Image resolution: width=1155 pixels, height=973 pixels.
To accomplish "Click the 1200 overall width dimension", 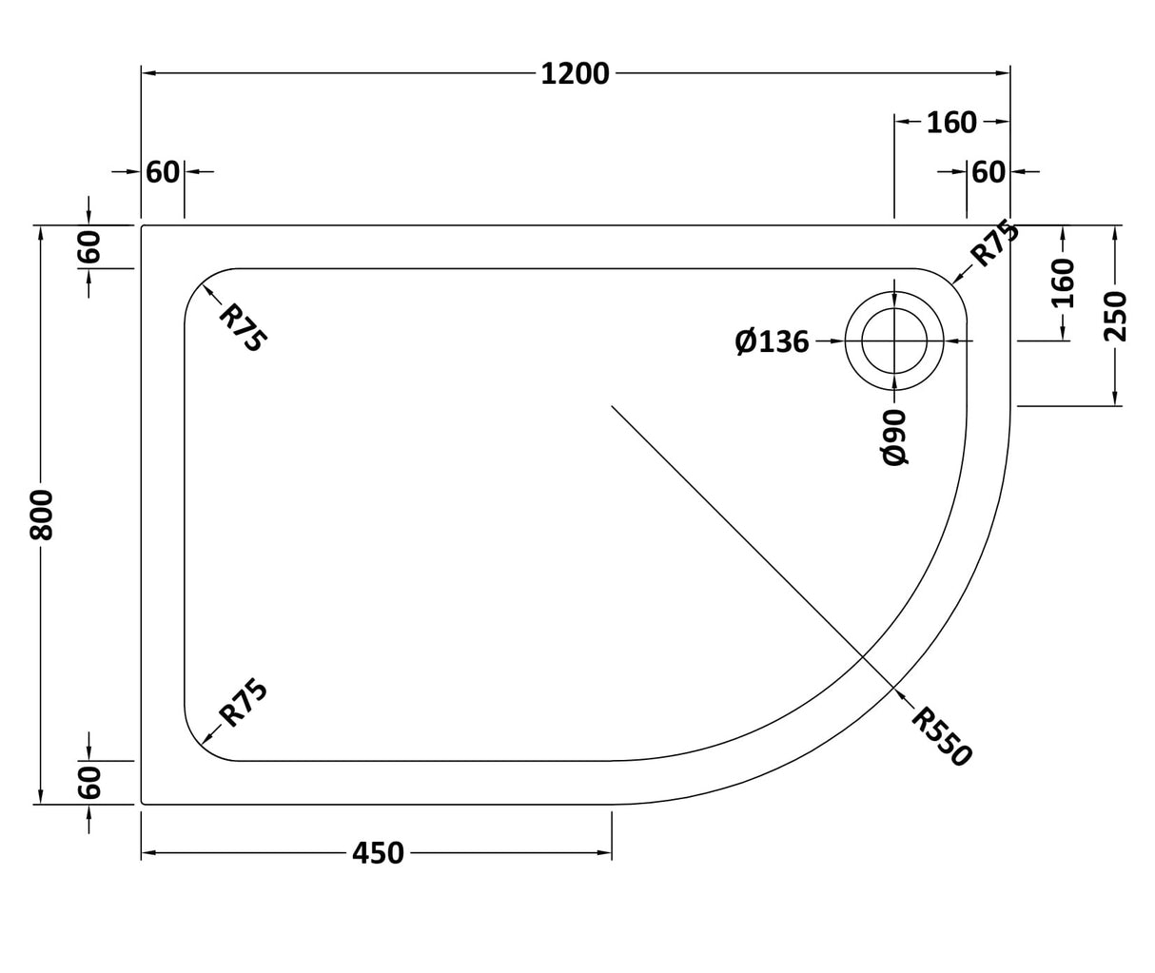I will pos(575,73).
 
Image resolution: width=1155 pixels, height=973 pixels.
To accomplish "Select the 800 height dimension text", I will pos(41,516).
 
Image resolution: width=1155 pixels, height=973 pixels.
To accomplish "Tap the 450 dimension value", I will pos(378,853).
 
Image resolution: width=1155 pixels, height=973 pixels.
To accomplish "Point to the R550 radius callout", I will pos(941,736).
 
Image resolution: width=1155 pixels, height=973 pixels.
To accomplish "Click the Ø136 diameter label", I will pos(772,341).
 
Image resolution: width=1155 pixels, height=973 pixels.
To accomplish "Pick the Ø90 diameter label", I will pos(895,437).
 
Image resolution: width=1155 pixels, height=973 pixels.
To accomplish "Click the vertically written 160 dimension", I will pos(1063,282).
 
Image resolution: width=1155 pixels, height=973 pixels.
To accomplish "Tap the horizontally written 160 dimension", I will pos(951,122).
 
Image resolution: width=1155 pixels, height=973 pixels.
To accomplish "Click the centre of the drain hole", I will pos(894,341).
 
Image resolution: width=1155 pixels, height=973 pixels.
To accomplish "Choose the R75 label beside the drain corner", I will pos(994,243).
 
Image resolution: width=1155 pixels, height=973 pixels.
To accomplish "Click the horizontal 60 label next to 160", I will pos(989,172).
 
